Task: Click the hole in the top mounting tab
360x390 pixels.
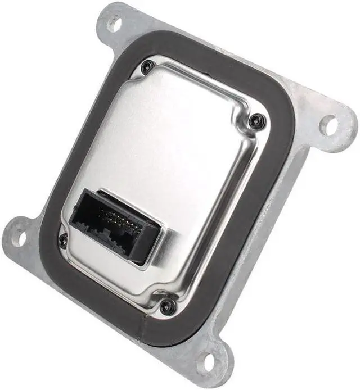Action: pyautogui.click(x=114, y=24)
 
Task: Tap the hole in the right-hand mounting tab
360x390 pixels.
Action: pyautogui.click(x=328, y=125)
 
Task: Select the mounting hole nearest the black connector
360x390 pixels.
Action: pyautogui.click(x=19, y=237)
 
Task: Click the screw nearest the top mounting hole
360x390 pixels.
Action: pyautogui.click(x=148, y=67)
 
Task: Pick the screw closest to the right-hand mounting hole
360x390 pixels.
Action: pyautogui.click(x=256, y=119)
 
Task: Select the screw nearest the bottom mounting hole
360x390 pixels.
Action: pyautogui.click(x=167, y=306)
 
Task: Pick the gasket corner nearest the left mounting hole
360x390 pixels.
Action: pyautogui.click(x=51, y=247)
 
